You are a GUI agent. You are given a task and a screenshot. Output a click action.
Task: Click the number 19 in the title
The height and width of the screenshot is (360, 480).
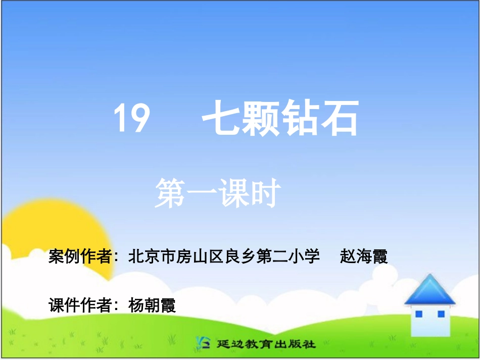tap(131, 119)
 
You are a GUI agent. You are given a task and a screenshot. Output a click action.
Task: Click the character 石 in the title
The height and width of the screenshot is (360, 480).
tap(340, 119)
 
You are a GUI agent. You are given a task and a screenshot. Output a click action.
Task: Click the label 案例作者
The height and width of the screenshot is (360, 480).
tap(80, 256)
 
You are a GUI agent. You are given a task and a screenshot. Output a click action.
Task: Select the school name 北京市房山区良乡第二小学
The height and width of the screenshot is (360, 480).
tap(224, 256)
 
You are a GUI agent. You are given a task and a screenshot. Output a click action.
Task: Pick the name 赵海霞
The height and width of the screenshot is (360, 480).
tap(364, 256)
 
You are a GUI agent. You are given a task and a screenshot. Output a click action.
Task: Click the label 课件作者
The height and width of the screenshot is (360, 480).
tap(80, 305)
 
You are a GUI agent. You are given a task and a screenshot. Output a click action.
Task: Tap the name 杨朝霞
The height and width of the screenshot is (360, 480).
tap(153, 305)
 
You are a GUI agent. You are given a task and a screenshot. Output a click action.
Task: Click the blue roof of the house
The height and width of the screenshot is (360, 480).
tap(429, 291)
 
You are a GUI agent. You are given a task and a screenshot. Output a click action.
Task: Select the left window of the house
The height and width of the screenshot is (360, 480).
tap(418, 314)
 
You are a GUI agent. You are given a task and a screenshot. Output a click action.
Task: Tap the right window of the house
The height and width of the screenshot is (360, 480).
tap(441, 314)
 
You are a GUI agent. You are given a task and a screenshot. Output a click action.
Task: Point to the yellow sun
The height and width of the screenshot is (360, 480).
tap(56, 237)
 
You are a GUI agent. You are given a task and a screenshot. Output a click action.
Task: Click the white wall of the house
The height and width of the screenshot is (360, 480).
tap(430, 326)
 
